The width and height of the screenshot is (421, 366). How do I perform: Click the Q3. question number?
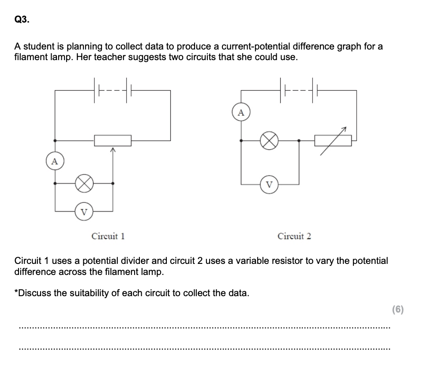pyautogui.click(x=22, y=19)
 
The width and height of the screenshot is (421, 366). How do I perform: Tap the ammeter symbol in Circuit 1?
pyautogui.click(x=54, y=161)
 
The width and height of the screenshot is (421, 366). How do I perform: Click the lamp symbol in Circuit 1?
pyautogui.click(x=84, y=183)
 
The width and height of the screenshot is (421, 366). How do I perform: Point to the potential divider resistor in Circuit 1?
pyautogui.click(x=113, y=141)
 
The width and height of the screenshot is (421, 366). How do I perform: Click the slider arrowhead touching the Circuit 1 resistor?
pyautogui.click(x=113, y=150)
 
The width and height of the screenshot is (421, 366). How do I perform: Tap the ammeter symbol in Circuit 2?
pyautogui.click(x=241, y=112)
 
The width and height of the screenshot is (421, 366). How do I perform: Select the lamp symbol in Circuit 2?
pyautogui.click(x=270, y=141)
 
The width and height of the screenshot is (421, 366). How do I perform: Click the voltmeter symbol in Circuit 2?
pyautogui.click(x=270, y=184)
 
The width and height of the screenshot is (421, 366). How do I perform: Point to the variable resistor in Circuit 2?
pyautogui.click(x=333, y=141)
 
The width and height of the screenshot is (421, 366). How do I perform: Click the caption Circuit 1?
pyautogui.click(x=108, y=236)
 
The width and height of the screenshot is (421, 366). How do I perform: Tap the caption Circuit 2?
pyautogui.click(x=294, y=236)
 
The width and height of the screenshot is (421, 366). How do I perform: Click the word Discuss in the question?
pyautogui.click(x=38, y=293)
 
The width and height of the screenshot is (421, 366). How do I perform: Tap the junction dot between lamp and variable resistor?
pyautogui.click(x=299, y=141)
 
